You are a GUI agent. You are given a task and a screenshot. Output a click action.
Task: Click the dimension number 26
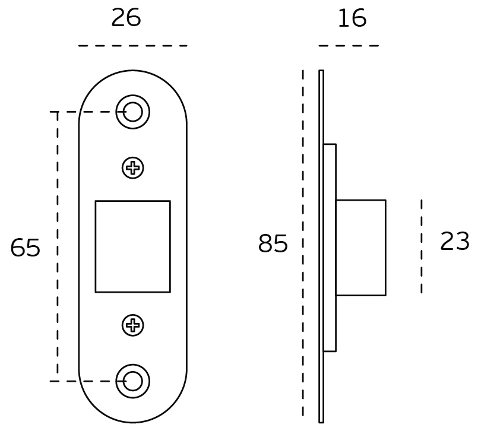126,18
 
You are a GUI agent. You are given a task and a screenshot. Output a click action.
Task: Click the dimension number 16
352,19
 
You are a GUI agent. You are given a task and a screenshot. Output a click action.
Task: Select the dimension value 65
26,248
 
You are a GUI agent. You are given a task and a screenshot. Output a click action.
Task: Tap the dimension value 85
273,244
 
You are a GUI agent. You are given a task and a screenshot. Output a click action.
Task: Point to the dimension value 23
455,242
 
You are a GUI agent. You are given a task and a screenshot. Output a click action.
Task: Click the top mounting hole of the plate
132,112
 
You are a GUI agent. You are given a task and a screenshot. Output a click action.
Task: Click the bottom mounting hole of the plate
132,381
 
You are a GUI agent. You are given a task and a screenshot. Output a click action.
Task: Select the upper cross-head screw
133,169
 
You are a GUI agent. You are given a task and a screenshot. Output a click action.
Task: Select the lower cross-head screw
133,325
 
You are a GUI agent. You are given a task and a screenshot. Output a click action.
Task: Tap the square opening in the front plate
132,246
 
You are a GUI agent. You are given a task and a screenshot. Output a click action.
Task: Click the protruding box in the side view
360,248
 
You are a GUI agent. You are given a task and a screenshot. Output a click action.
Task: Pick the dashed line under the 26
132,46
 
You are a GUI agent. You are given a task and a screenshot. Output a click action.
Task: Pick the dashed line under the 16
349,46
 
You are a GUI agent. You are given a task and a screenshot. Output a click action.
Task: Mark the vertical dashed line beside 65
58,246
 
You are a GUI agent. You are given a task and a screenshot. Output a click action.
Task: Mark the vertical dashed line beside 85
303,243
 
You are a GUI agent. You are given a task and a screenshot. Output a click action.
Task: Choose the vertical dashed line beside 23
422,246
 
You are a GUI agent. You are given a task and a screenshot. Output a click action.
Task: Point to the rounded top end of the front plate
132,80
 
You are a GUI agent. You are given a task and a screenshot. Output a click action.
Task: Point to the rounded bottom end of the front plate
132,413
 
